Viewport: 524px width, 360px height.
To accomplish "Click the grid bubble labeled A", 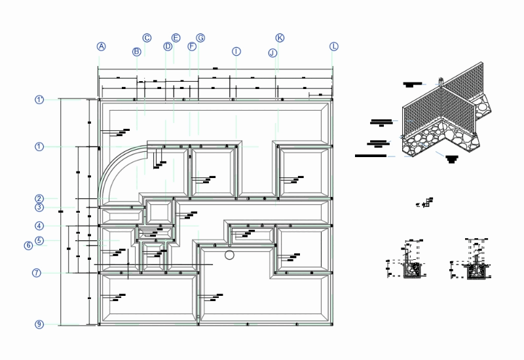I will click(x=102, y=46).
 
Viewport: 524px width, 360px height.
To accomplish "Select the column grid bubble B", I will click(x=137, y=51).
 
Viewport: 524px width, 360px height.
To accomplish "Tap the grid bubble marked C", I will click(x=147, y=38).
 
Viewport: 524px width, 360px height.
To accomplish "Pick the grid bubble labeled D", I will click(x=168, y=46).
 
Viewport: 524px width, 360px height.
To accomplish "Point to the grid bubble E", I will click(x=176, y=38).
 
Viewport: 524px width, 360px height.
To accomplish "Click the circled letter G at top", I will click(x=200, y=38).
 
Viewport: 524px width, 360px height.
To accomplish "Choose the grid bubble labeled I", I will click(x=236, y=51).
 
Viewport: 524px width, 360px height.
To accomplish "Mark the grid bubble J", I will click(x=272, y=52).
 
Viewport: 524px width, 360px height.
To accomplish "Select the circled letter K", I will click(x=280, y=38).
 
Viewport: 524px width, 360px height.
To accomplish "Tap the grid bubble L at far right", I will click(x=334, y=46).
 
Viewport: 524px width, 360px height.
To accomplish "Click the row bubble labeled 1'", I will click(x=39, y=99).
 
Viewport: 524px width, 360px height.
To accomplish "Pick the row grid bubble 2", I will click(x=39, y=198).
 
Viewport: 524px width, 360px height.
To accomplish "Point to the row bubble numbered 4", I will click(x=39, y=226).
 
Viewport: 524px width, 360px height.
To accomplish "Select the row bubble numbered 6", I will click(x=28, y=245).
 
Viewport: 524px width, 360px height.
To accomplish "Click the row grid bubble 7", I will click(x=37, y=272).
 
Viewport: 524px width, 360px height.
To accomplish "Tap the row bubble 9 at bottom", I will click(x=39, y=324).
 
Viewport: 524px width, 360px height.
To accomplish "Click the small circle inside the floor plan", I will click(x=229, y=254).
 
